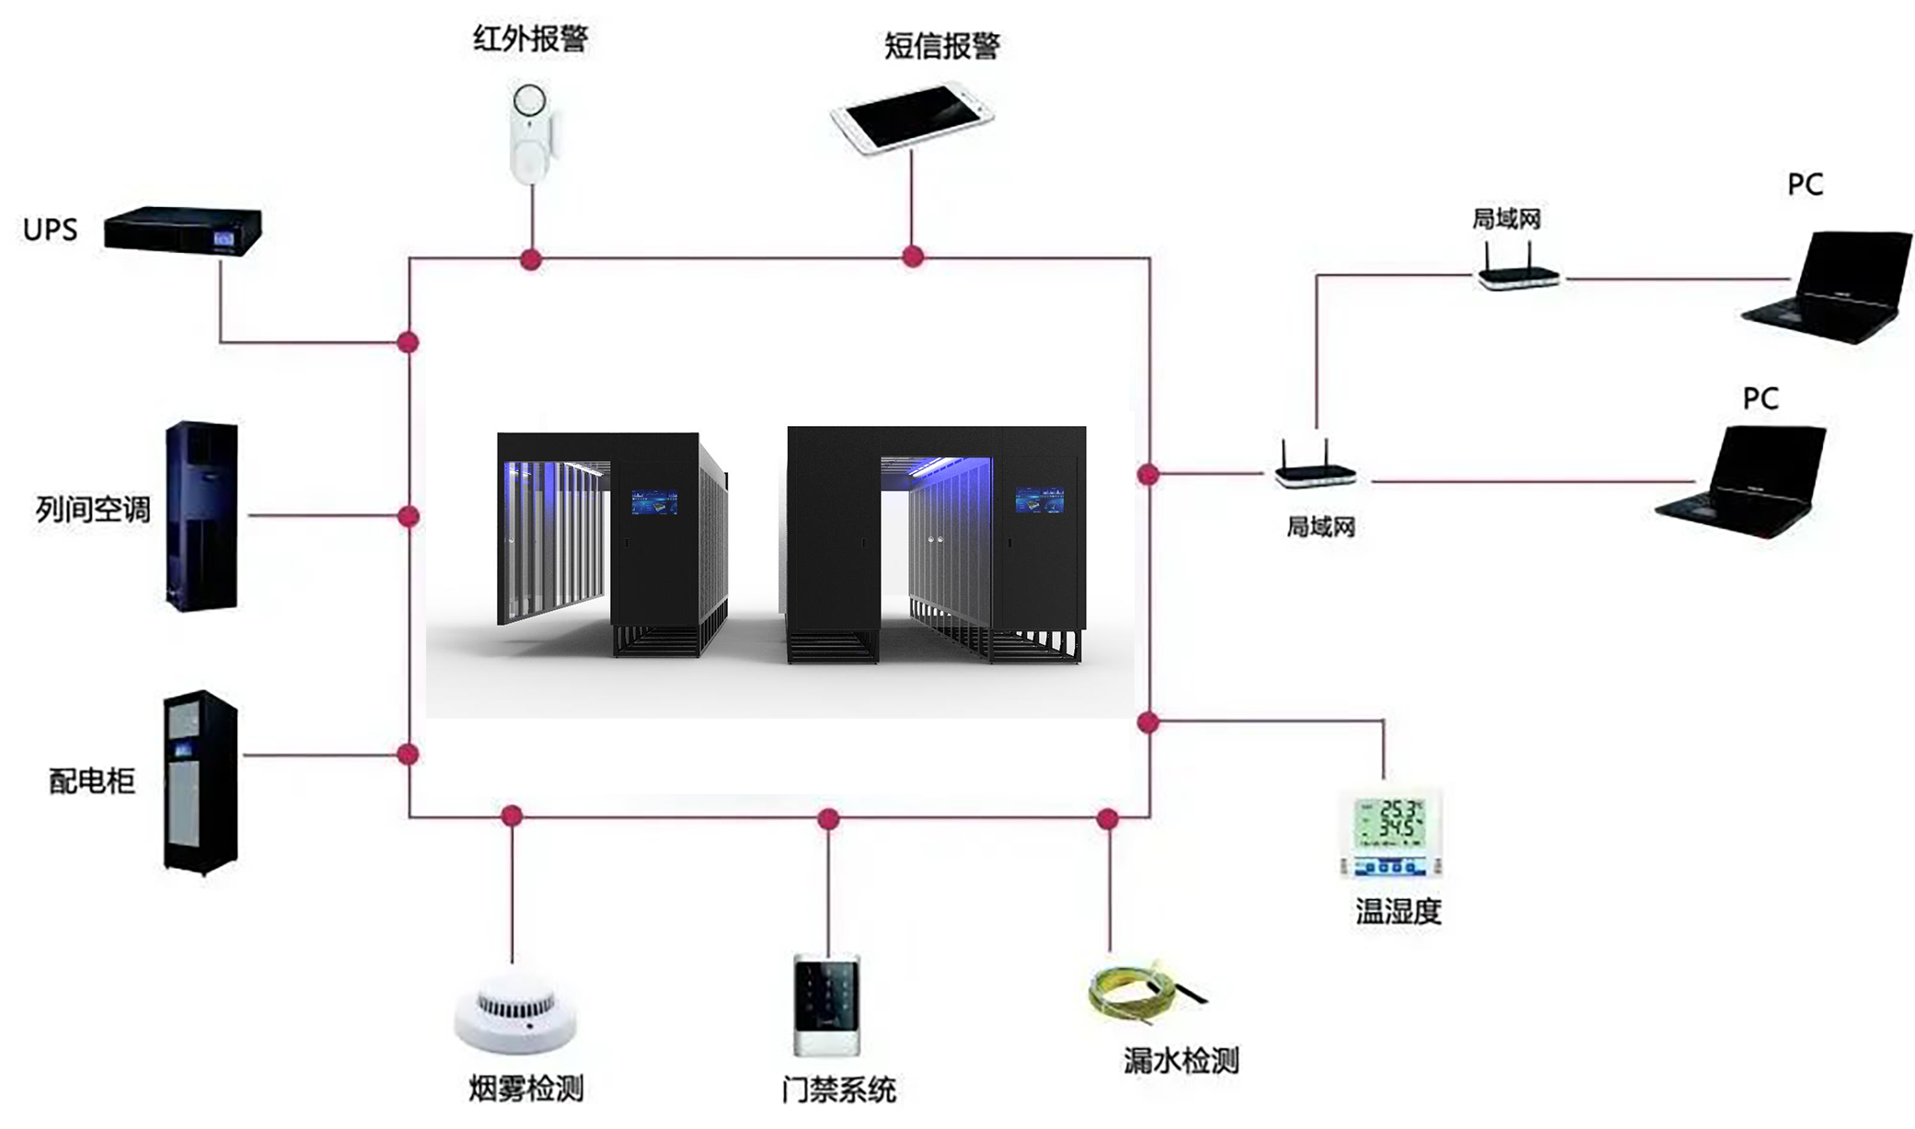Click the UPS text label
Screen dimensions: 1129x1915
(x=50, y=229)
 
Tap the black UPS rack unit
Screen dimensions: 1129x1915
(x=182, y=230)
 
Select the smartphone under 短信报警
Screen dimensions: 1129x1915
(x=911, y=118)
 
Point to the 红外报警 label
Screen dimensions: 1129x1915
(x=530, y=39)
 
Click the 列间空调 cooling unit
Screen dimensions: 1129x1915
(x=202, y=515)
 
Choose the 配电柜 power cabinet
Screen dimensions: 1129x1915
(x=201, y=781)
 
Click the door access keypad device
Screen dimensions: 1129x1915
(x=826, y=1006)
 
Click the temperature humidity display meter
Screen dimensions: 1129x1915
(x=1390, y=833)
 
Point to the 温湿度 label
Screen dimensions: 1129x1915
(x=1397, y=912)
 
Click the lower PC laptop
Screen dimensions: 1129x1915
(x=1745, y=481)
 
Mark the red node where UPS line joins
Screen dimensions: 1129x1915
(x=408, y=342)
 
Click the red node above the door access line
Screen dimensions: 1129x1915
(x=828, y=818)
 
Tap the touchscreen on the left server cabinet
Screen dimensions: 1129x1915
(x=654, y=502)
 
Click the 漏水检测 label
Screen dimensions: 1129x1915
(x=1181, y=1061)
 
